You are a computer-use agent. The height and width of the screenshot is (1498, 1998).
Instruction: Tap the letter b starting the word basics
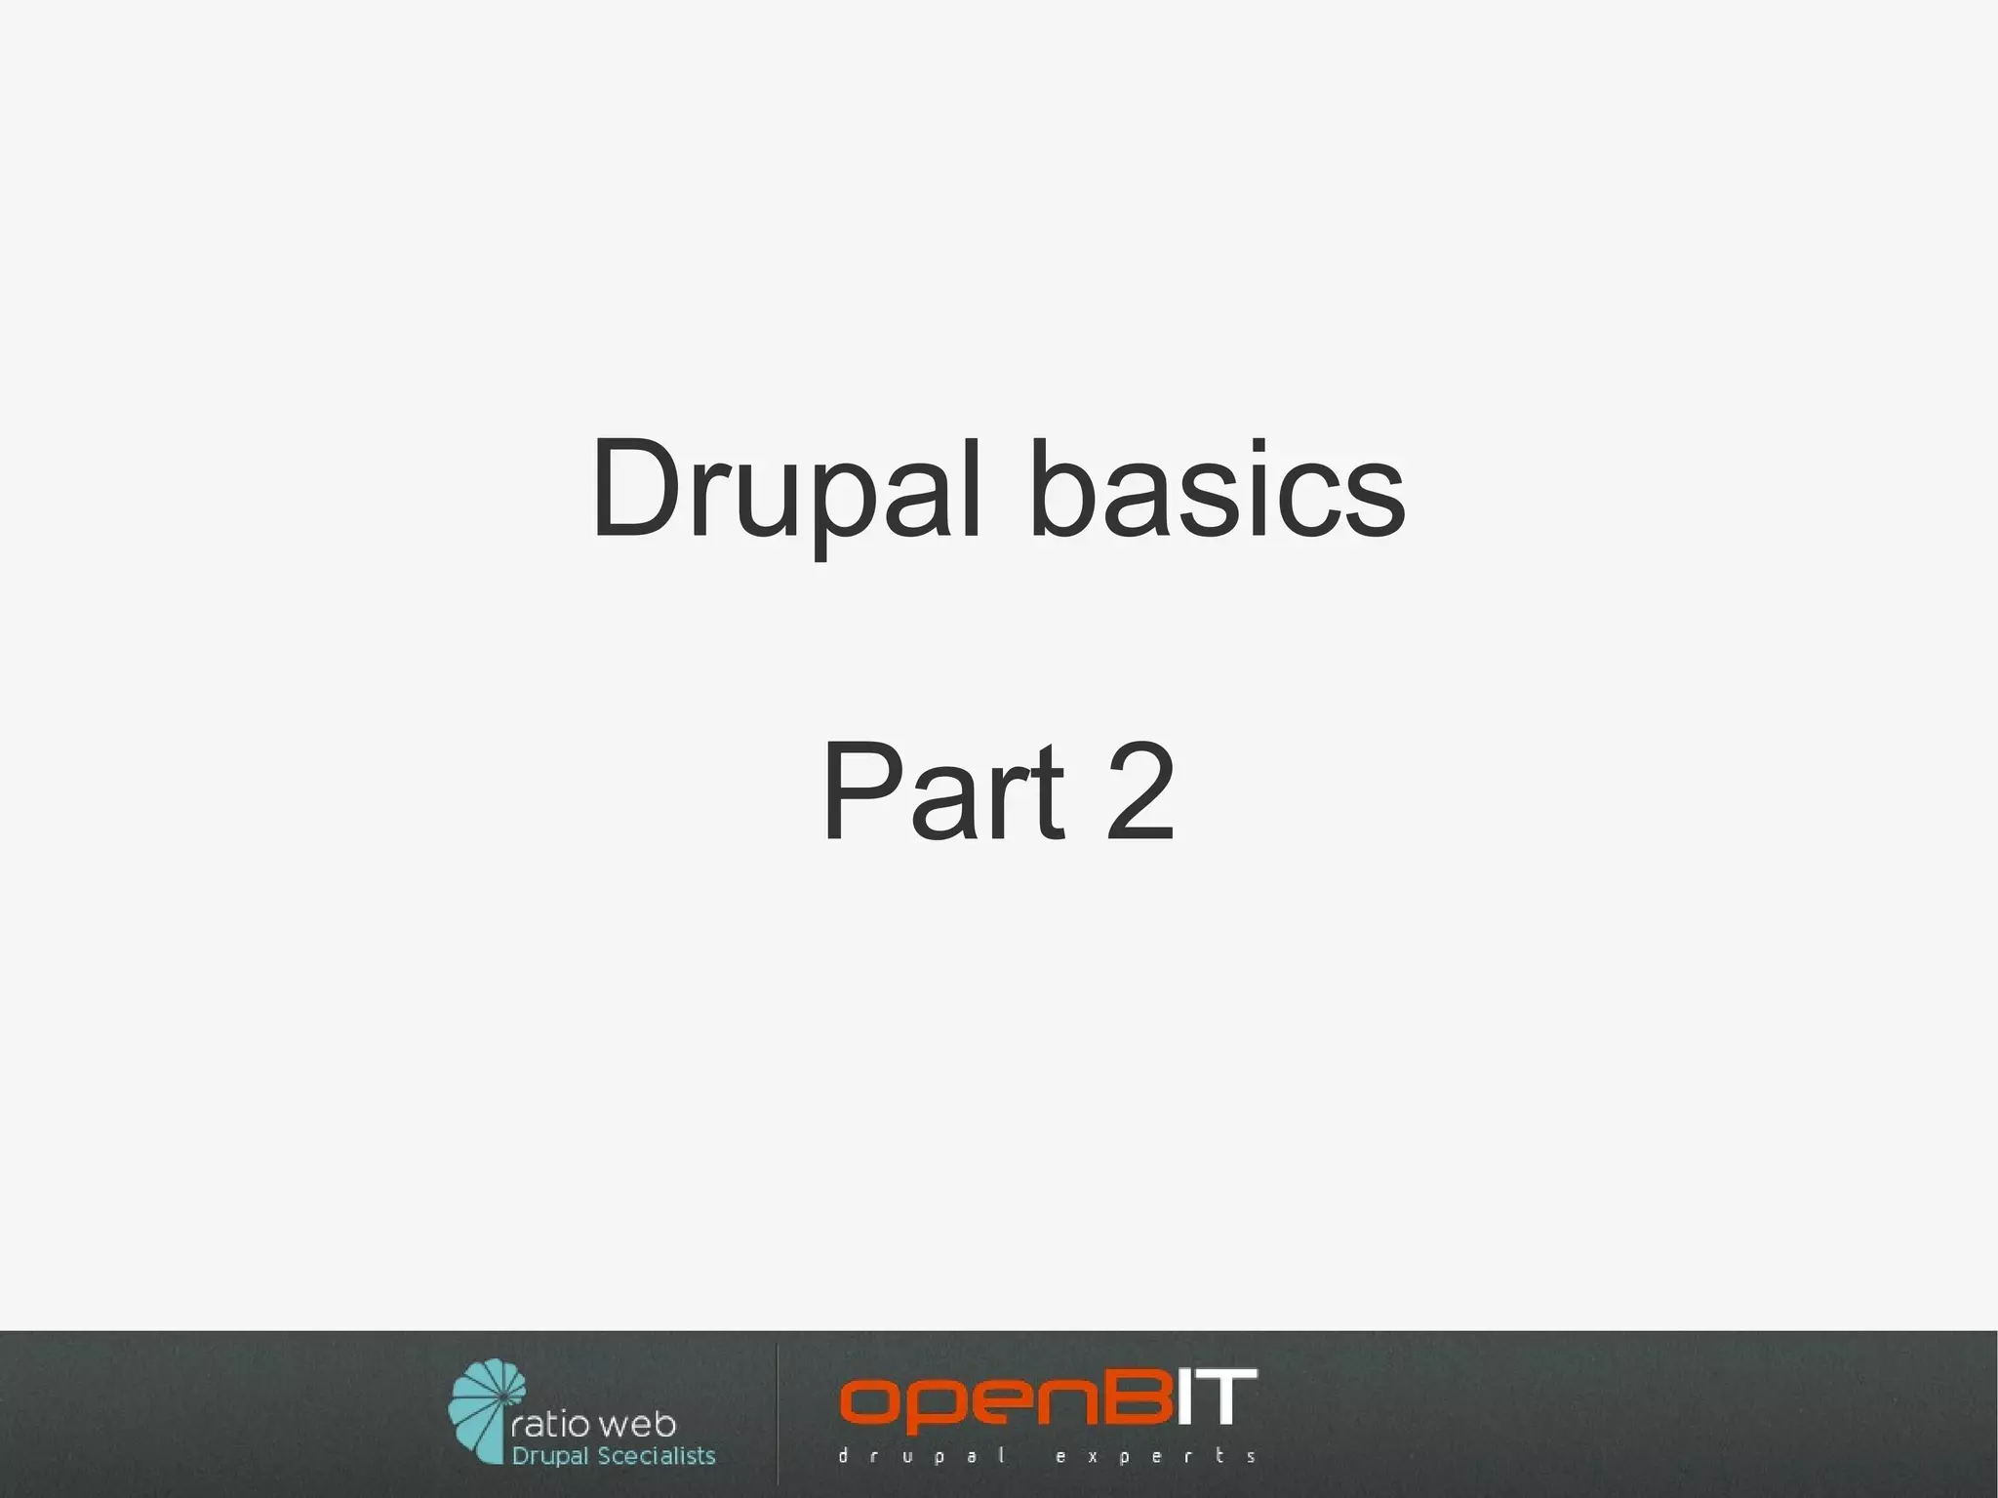click(x=1061, y=488)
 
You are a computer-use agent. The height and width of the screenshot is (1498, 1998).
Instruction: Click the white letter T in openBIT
click(x=1226, y=1397)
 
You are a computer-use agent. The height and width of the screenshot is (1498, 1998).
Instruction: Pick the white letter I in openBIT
click(x=1183, y=1398)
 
